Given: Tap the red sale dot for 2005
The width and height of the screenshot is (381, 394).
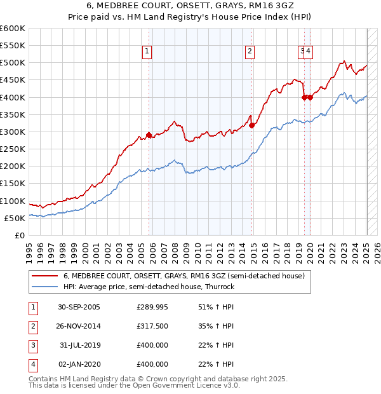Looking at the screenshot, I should click(x=149, y=135).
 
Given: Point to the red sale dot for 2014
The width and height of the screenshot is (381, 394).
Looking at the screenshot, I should click(x=252, y=125).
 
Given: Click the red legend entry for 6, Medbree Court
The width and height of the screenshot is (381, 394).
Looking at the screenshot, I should click(x=184, y=276).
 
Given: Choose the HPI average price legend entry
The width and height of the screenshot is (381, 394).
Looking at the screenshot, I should click(x=149, y=287).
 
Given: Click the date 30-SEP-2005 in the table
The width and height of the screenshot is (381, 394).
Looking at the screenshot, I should click(x=79, y=308).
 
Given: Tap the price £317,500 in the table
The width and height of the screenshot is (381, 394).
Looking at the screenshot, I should click(x=152, y=326).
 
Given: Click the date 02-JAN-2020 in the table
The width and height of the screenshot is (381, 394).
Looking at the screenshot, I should click(x=79, y=364).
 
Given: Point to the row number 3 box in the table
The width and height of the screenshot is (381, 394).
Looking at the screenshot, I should click(x=32, y=345).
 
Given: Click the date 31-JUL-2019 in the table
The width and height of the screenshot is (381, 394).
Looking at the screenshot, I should click(x=80, y=345).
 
